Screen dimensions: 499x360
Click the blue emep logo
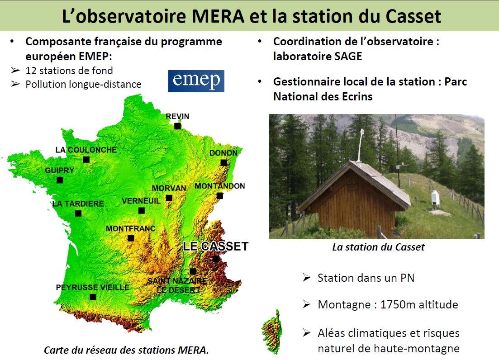(x=196, y=81)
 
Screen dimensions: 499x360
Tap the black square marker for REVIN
(x=178, y=126)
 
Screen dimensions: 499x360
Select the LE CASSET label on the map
(x=215, y=246)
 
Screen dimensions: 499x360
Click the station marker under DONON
(x=224, y=163)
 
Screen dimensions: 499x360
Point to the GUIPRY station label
(x=60, y=171)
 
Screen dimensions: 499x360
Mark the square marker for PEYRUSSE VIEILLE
(x=93, y=297)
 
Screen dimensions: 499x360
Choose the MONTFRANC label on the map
(x=130, y=228)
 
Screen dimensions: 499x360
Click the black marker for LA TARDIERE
(x=78, y=213)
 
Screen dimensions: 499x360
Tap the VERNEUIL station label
(x=141, y=201)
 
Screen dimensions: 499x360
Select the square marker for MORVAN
(x=169, y=198)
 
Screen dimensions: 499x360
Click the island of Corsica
(x=272, y=332)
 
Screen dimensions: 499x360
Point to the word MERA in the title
(x=219, y=16)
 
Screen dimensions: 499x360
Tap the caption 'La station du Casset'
(x=378, y=247)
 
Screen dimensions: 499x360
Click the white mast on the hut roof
(x=360, y=145)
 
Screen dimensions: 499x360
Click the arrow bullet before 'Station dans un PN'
(x=306, y=278)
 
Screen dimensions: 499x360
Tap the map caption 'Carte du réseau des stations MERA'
(x=126, y=350)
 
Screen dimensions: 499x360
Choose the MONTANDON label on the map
(x=219, y=186)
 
